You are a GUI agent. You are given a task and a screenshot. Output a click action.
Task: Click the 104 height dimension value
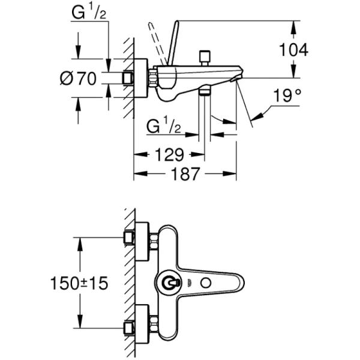(x=294, y=50)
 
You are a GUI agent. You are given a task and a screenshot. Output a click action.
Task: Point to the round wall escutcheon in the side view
(x=142, y=78)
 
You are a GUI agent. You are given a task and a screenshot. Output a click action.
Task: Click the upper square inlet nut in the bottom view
(x=128, y=238)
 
